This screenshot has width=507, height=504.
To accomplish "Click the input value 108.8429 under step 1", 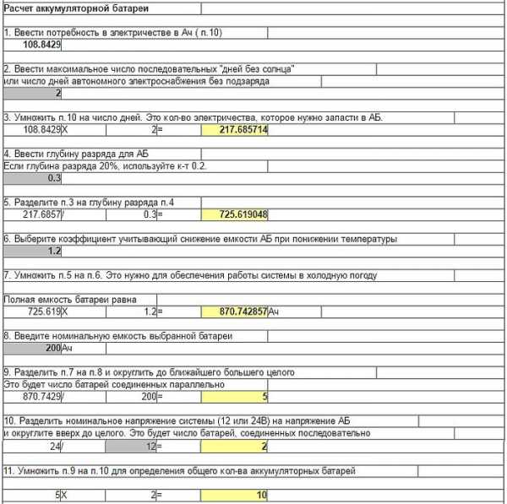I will [x=41, y=44].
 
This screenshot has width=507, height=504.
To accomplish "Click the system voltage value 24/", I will [x=55, y=446].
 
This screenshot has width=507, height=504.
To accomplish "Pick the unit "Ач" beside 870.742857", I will [x=275, y=312].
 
